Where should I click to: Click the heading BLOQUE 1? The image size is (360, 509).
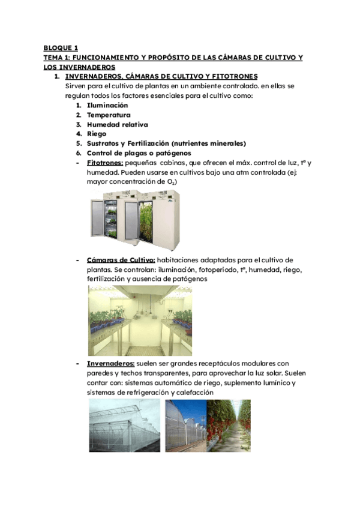(61, 47)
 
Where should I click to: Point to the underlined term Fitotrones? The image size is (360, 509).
(105, 163)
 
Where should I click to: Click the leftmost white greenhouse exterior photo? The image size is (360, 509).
(125, 430)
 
